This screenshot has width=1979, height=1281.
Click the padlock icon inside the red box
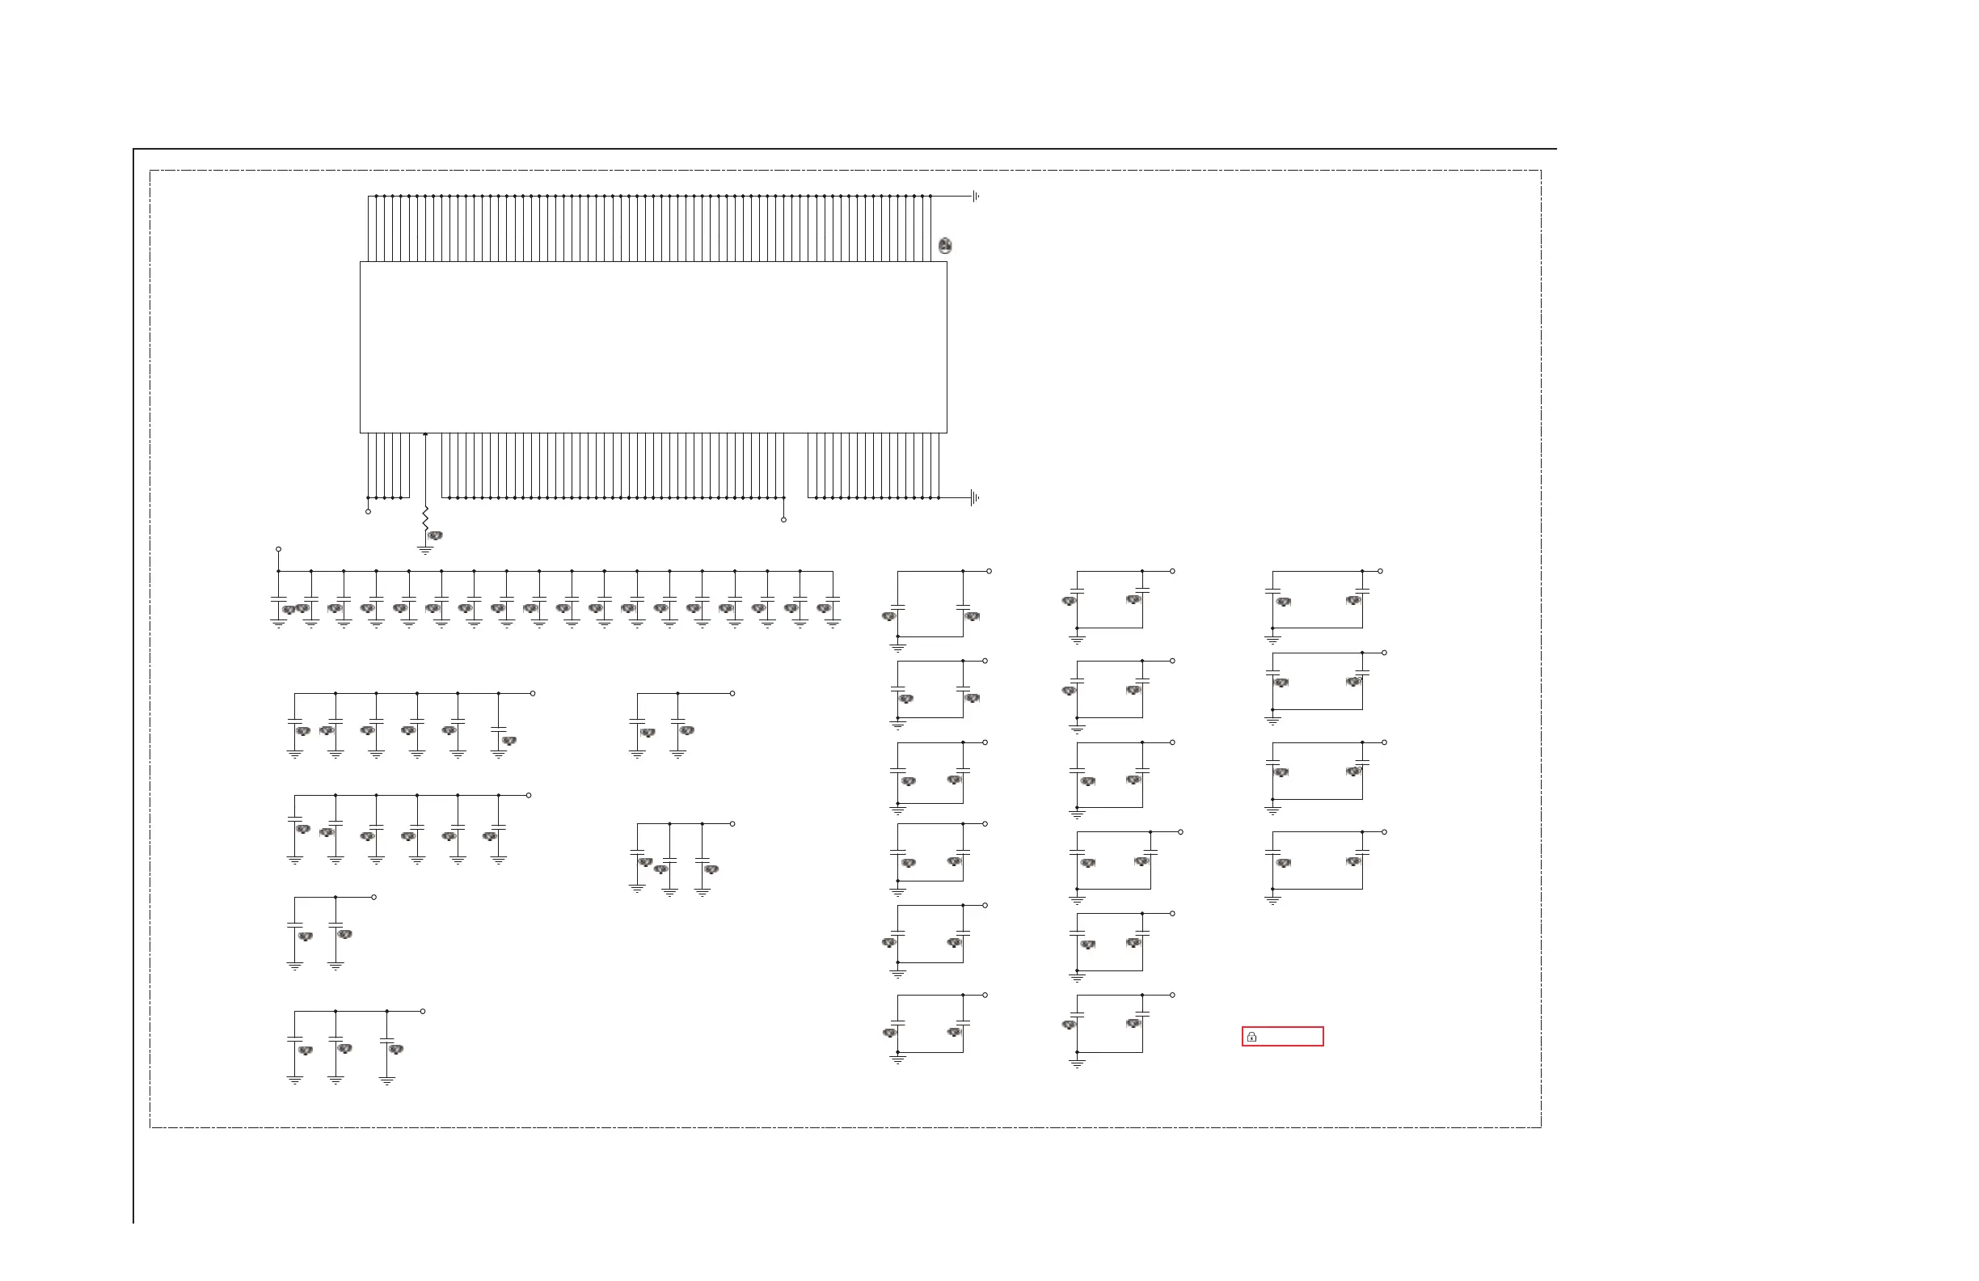(x=1251, y=1037)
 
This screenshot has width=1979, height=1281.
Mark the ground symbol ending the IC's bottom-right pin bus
(x=974, y=498)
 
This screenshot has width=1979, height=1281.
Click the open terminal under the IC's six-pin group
(x=368, y=512)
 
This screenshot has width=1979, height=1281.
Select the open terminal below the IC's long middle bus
(x=783, y=520)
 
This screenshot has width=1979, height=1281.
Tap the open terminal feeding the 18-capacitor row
(x=279, y=549)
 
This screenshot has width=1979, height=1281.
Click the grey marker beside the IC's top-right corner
(x=944, y=245)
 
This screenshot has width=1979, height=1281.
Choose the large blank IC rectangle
(x=652, y=347)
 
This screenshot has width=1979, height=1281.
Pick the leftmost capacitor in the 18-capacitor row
(x=279, y=598)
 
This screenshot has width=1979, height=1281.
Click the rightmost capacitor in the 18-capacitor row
(x=833, y=598)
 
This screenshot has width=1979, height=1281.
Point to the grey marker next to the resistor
(x=435, y=535)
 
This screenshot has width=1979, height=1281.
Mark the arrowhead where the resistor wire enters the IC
(x=425, y=434)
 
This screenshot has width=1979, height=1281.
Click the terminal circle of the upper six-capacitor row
(x=533, y=693)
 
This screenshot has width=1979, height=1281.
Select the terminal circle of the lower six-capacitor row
(x=529, y=795)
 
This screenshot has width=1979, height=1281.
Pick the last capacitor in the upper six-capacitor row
(x=498, y=729)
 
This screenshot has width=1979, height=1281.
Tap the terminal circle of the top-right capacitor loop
(x=1380, y=572)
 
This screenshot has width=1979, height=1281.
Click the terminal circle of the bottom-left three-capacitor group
(x=424, y=1012)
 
